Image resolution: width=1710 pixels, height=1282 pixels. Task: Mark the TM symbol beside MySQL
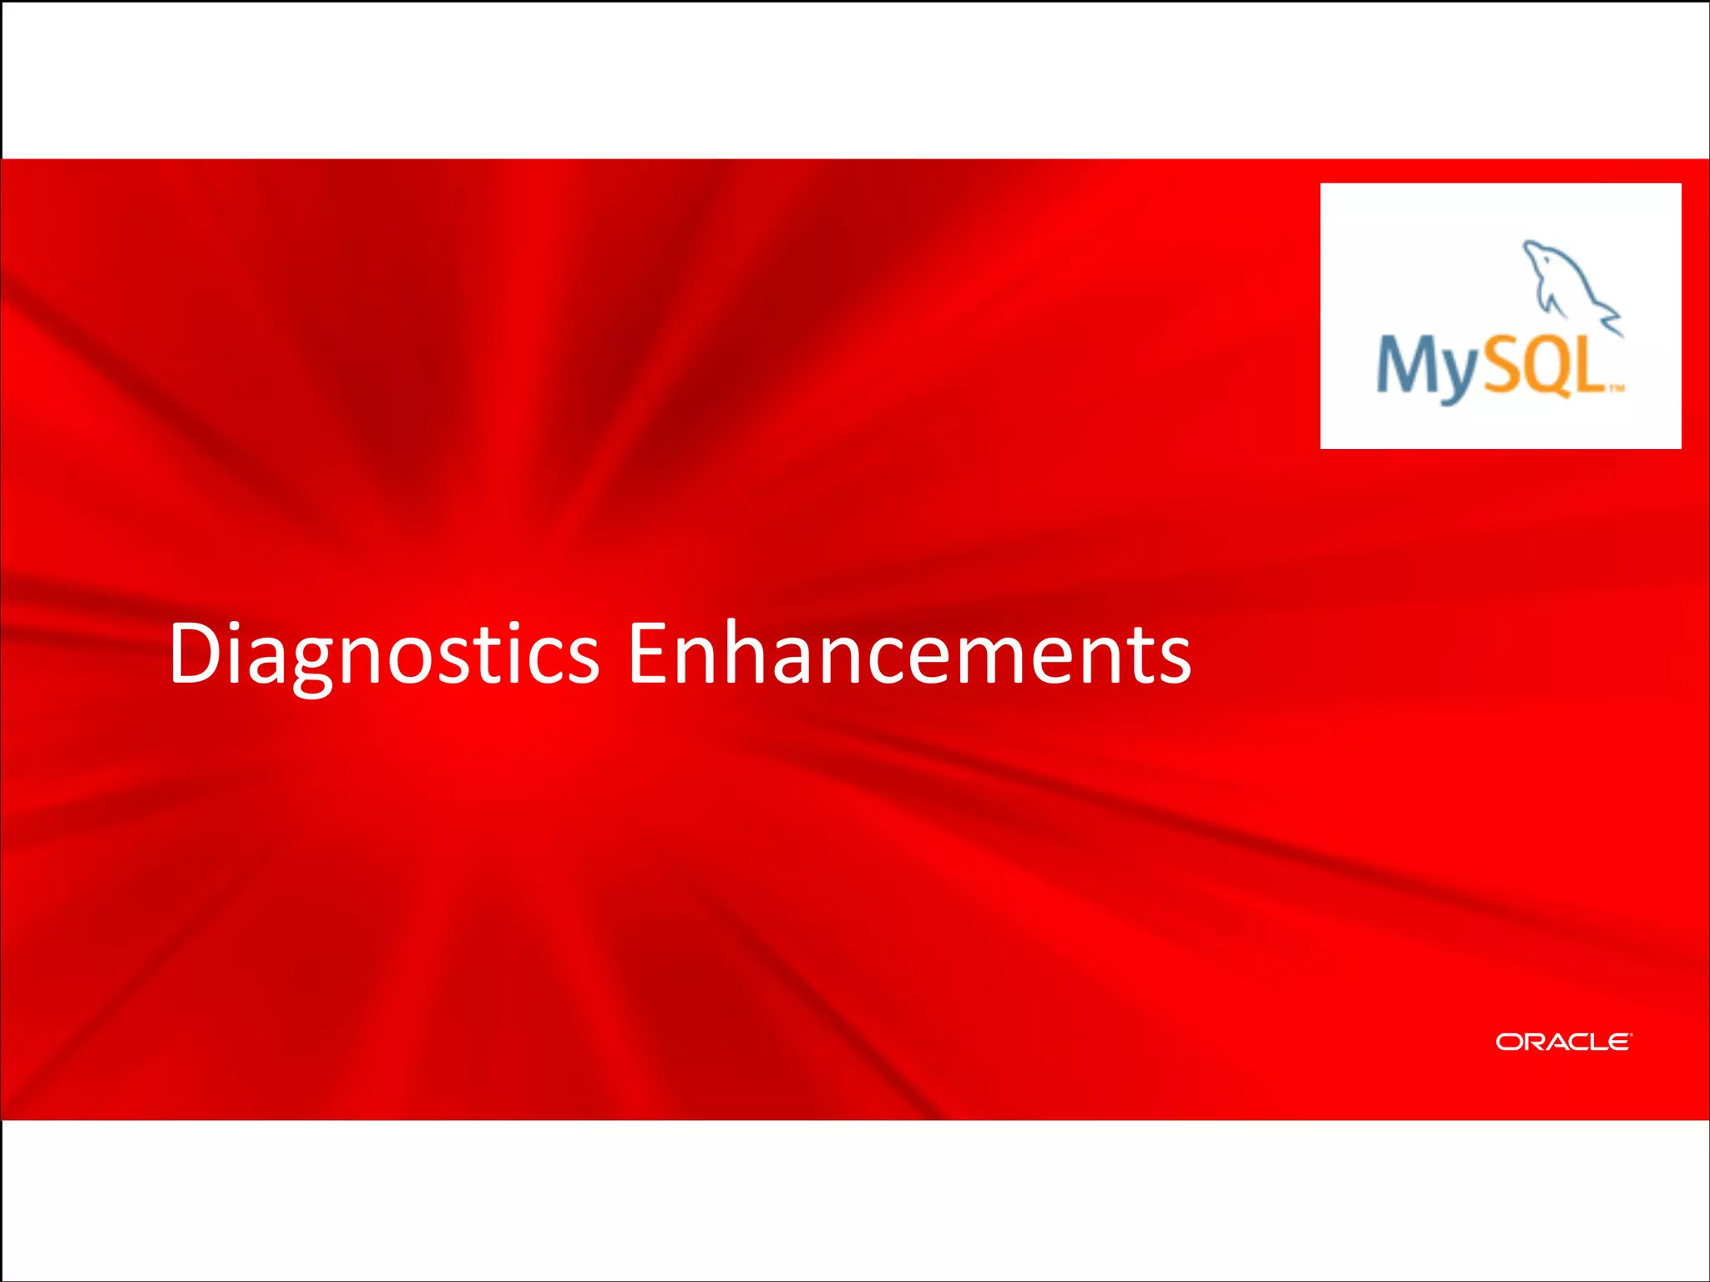1616,387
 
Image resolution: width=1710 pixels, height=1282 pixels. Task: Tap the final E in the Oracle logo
1618,1042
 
